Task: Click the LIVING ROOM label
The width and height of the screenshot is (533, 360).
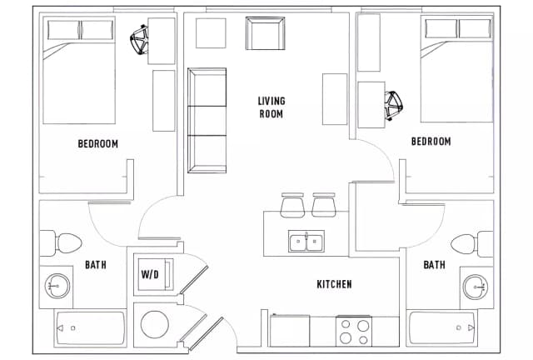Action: click(271, 107)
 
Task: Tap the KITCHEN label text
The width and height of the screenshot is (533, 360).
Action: click(334, 285)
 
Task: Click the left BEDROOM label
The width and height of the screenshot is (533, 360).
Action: click(97, 143)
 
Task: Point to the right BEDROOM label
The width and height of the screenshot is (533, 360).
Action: click(431, 142)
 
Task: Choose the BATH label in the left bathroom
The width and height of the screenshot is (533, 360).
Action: click(95, 266)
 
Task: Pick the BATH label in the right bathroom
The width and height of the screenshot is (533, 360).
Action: click(434, 266)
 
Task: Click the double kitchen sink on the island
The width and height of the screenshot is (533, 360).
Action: click(306, 242)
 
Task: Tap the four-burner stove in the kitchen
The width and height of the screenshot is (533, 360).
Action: click(356, 332)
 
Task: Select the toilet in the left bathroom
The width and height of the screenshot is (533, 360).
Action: click(62, 242)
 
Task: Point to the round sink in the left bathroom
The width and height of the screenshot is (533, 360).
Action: click(57, 287)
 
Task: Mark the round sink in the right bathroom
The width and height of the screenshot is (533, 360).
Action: click(474, 287)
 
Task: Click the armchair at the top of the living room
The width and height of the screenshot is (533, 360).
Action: click(265, 33)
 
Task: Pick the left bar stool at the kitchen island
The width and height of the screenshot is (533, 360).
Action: click(293, 204)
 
